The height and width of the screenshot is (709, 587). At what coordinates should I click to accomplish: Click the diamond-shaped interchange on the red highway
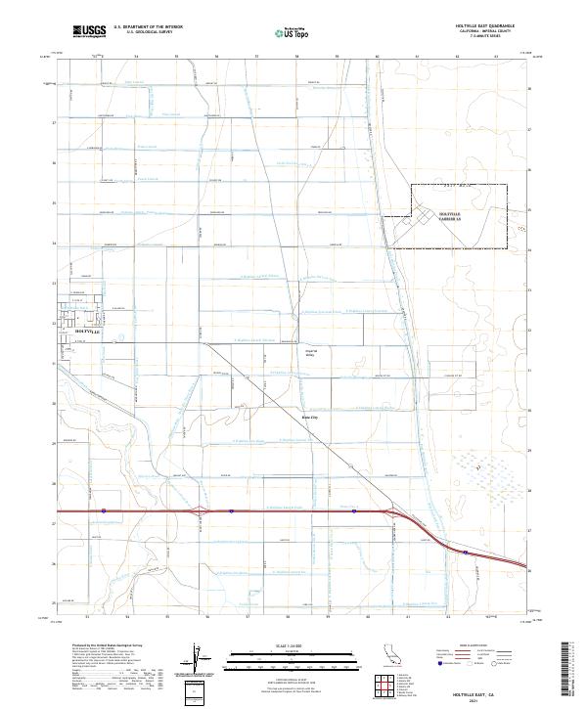[201, 510]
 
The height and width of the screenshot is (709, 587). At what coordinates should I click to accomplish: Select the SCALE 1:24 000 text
[293, 644]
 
